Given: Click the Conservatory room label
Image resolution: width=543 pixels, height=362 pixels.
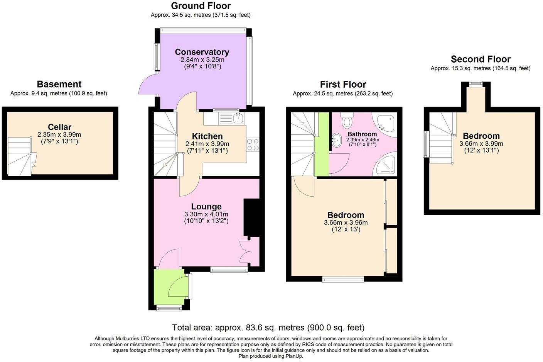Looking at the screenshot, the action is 202,52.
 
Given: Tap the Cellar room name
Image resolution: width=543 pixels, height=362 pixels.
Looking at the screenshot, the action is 60,127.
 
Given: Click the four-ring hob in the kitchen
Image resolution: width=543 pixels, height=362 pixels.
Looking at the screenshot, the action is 253,145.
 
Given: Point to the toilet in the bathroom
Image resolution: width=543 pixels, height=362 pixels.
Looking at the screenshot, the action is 347,120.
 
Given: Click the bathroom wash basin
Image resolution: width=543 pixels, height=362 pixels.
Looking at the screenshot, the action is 336,140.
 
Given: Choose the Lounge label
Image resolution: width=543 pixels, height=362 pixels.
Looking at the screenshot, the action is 206,206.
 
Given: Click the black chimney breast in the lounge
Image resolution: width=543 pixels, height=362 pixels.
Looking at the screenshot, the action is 251,218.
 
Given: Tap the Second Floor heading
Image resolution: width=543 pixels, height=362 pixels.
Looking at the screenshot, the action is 481,59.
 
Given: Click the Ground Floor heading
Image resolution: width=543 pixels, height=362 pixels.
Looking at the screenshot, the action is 201,5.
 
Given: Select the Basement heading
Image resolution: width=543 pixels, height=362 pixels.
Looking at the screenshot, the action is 59,84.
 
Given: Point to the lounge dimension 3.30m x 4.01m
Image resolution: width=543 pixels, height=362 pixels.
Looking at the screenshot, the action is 206,214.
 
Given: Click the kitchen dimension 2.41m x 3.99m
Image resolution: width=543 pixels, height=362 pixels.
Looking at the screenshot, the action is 207,144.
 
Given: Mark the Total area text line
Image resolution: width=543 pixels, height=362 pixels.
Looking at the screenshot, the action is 268,328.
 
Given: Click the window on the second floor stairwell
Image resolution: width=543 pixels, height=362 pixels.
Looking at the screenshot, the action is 426,144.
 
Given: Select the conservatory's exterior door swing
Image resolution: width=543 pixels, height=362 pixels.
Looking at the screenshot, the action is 148,84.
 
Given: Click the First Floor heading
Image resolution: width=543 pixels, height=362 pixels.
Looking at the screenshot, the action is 343,85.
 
